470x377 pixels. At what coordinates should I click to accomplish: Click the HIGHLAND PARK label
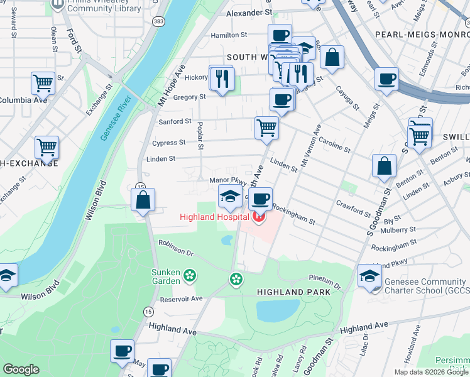click(289, 293)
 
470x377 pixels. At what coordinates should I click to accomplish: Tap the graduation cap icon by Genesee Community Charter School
click(369, 276)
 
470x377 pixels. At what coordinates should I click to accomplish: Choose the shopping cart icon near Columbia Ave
click(43, 82)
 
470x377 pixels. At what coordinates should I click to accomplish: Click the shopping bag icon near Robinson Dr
click(143, 200)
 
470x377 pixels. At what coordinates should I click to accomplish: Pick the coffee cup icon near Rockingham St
click(260, 199)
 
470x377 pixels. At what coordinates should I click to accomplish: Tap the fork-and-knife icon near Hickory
click(222, 77)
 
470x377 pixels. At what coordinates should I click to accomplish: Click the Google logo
click(21, 369)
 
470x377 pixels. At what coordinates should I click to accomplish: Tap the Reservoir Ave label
click(181, 298)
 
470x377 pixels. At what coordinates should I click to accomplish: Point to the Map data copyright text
click(431, 371)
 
